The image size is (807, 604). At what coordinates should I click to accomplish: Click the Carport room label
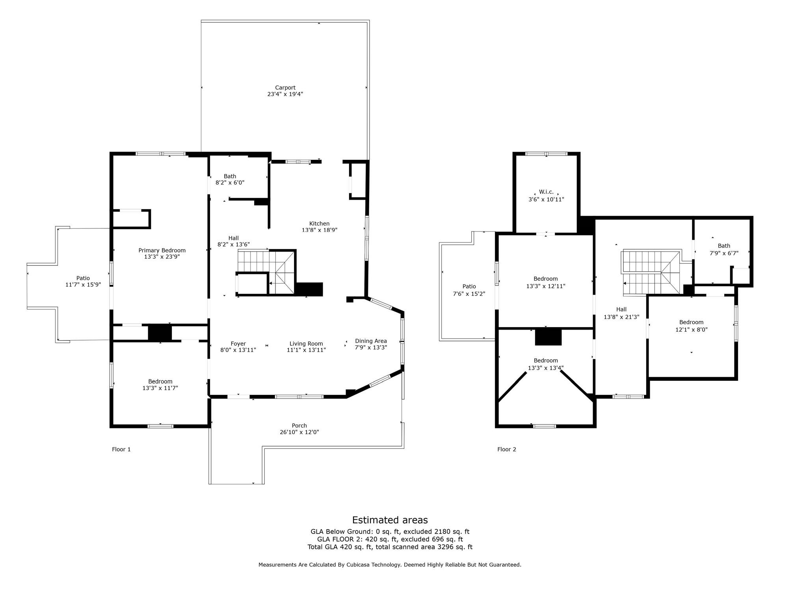point(285,88)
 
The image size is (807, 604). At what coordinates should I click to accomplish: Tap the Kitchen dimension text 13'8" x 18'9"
point(319,230)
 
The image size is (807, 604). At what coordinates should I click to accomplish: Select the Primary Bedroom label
point(162,250)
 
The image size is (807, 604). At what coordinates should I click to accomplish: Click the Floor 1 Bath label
point(230,176)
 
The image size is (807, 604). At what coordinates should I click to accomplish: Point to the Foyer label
point(238,344)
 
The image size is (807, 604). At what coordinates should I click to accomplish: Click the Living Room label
point(306,344)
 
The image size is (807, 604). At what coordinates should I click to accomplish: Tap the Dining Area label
point(370,341)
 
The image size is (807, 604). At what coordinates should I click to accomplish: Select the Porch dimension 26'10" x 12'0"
point(299,432)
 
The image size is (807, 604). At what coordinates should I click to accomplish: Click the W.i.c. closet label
point(546,192)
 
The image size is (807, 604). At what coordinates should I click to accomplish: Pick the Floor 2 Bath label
point(723,246)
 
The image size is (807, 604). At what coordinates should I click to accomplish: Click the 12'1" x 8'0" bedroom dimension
point(691,330)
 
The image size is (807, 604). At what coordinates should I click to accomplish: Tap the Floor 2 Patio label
point(469,286)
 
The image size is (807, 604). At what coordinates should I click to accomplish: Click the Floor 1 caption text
point(121,449)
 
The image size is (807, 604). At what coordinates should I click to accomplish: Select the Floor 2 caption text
point(506,449)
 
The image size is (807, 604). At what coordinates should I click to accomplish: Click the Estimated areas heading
point(389,520)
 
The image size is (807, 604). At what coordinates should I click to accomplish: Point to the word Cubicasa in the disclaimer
point(360,565)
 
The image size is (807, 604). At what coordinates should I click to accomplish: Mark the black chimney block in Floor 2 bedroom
point(548,337)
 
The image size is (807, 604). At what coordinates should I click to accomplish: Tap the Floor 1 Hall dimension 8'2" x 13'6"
point(233,245)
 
